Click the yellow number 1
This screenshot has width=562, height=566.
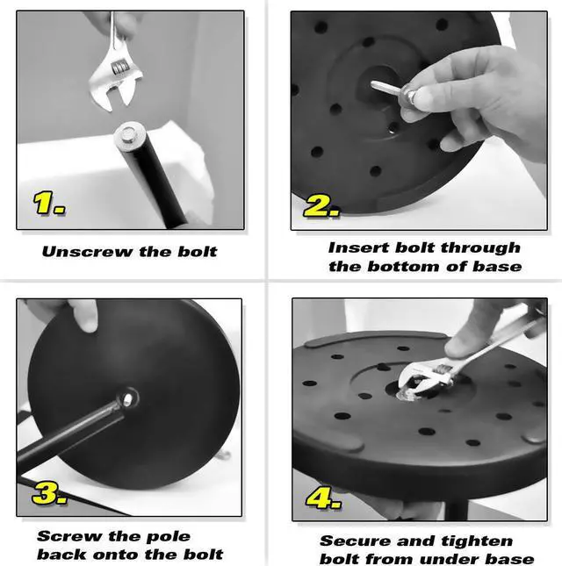(x=49, y=203)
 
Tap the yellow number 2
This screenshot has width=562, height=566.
(x=321, y=206)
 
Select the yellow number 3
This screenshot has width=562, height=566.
(x=49, y=493)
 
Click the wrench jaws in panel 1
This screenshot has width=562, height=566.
(x=117, y=97)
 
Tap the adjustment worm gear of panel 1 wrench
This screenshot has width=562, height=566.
(x=119, y=68)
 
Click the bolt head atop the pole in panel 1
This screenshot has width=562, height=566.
(x=129, y=133)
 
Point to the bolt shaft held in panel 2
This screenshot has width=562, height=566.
(x=385, y=88)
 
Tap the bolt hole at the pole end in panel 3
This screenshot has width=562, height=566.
(x=127, y=399)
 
